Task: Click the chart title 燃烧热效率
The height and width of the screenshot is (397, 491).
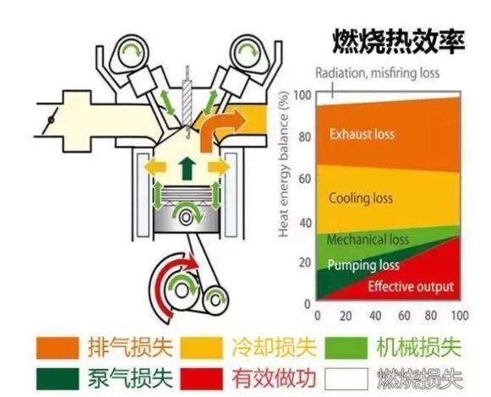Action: (398, 41)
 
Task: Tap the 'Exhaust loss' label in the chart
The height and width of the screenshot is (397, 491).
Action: (361, 134)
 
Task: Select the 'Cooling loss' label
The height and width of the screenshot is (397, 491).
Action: (361, 198)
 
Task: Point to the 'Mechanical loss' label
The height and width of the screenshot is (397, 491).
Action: (368, 240)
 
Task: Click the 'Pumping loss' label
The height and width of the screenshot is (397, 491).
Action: (363, 265)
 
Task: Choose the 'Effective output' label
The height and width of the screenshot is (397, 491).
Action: (411, 286)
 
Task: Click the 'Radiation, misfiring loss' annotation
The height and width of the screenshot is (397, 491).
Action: (378, 73)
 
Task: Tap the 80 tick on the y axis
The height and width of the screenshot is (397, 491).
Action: (305, 137)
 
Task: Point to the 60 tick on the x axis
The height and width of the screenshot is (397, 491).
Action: (405, 315)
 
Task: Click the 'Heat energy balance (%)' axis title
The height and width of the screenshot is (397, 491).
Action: (283, 164)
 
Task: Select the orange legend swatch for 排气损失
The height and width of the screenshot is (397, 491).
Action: (58, 348)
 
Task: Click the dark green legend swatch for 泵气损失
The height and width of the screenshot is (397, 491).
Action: (58, 379)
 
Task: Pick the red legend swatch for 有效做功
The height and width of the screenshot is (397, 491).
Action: (202, 379)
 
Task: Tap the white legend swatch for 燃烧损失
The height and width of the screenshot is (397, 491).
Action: (346, 379)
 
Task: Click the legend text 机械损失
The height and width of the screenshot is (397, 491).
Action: (419, 347)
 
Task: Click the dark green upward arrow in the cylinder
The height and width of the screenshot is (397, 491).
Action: (187, 168)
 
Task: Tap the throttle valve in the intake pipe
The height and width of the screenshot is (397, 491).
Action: (51, 120)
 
